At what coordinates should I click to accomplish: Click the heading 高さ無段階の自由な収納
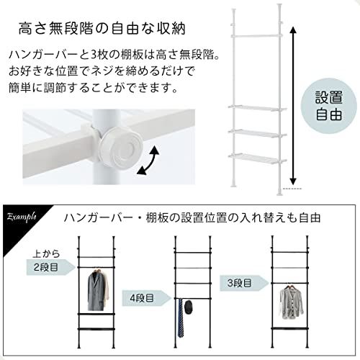coord(101,30)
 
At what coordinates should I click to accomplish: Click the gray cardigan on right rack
coord(291,302)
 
